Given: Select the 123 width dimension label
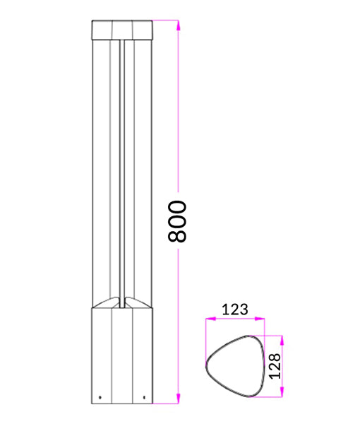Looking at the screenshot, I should pos(235,309).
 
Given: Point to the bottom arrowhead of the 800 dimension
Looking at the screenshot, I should pos(179,399).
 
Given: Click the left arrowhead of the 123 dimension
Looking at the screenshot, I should pos(208,320).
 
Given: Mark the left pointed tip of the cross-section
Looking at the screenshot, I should pos(207,367).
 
